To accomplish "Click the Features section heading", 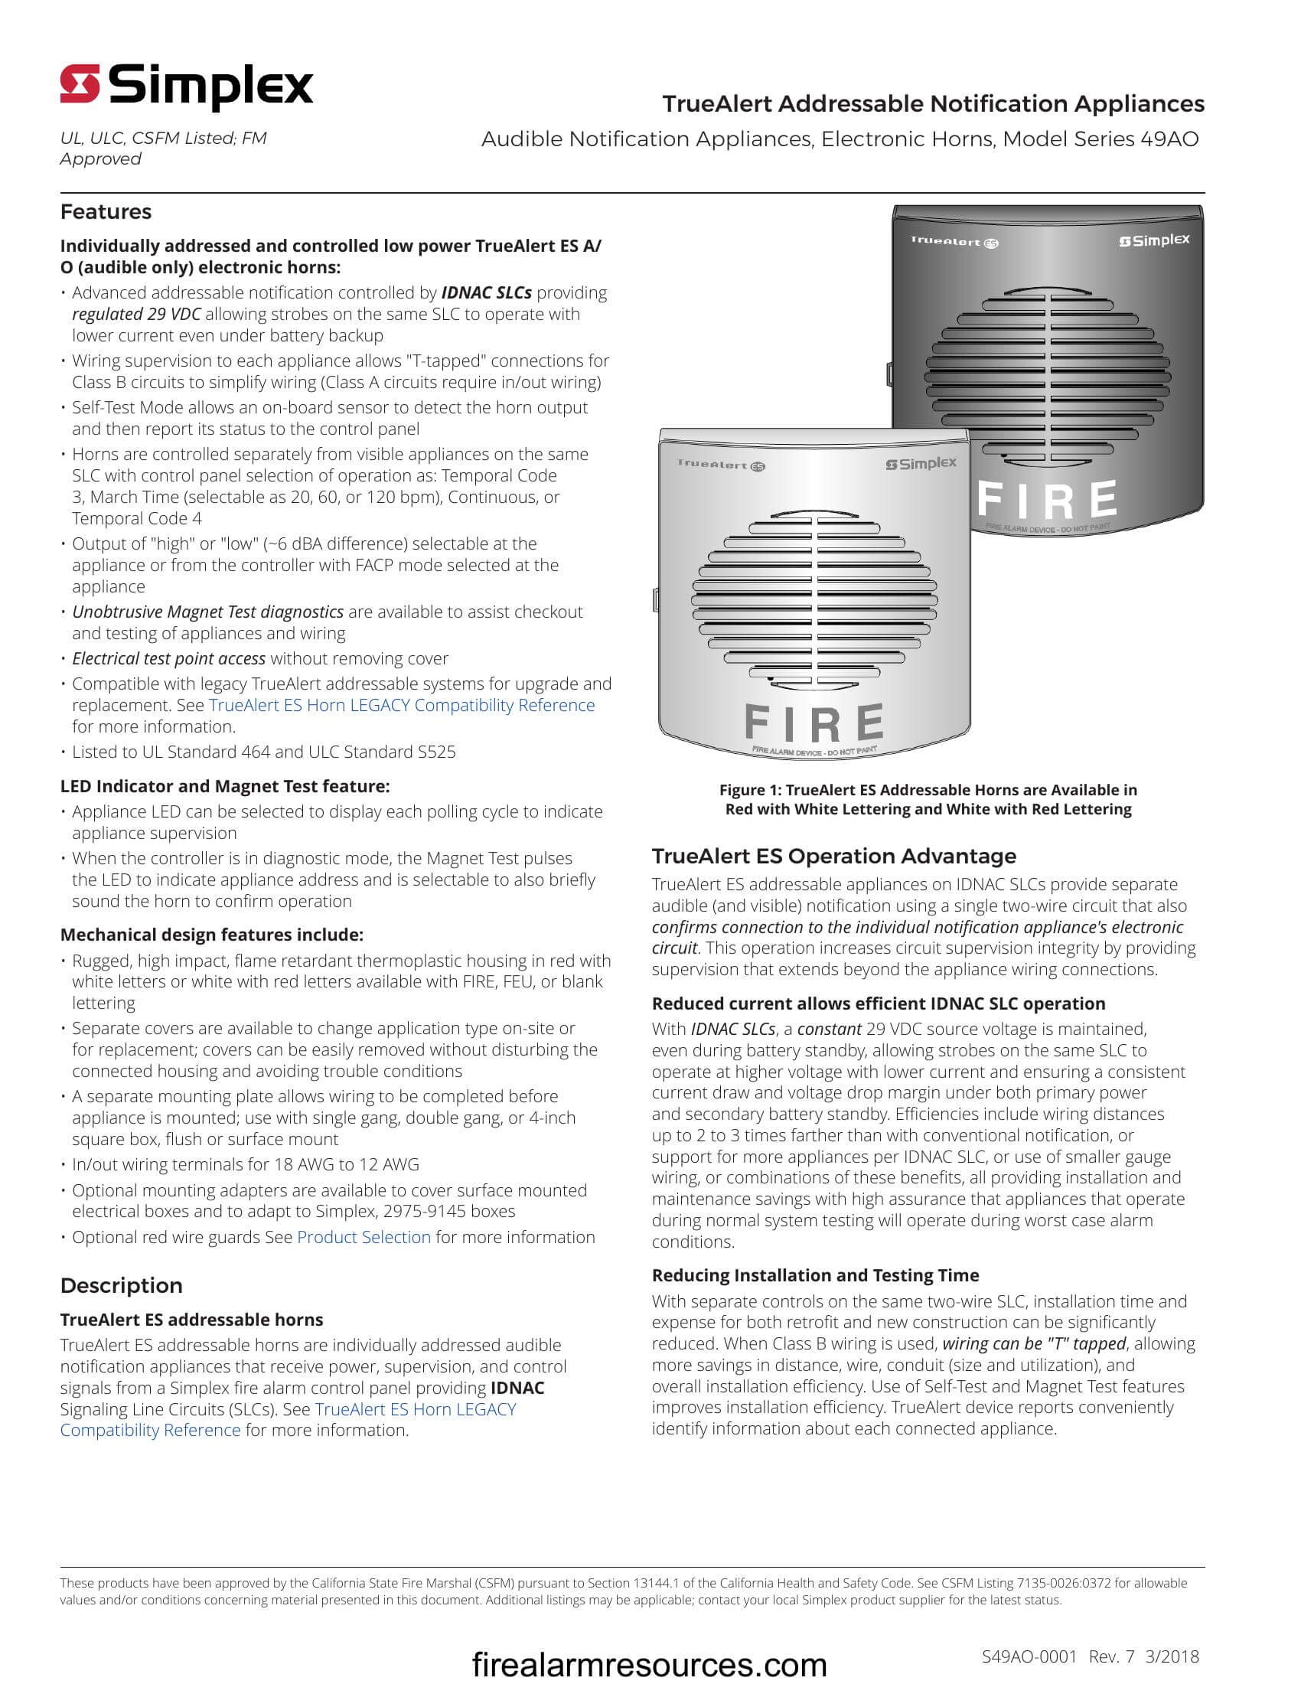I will (106, 211).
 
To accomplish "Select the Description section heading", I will (121, 1285).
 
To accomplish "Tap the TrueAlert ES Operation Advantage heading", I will (834, 856).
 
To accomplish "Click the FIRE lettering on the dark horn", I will (1048, 500).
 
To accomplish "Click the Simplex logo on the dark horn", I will (1154, 240).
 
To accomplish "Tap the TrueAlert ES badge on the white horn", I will (721, 464).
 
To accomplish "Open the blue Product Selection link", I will (364, 1237).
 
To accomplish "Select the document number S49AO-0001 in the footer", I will (1028, 1656).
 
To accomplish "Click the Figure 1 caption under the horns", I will (928, 800).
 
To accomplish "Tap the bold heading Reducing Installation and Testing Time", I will (816, 1275).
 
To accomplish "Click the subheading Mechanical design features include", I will (211, 935).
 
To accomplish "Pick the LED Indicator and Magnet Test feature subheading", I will (225, 786).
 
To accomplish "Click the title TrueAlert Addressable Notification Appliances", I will (933, 103).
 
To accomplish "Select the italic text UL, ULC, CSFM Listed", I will (162, 139).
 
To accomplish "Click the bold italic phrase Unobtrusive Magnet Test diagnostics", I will (208, 612).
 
